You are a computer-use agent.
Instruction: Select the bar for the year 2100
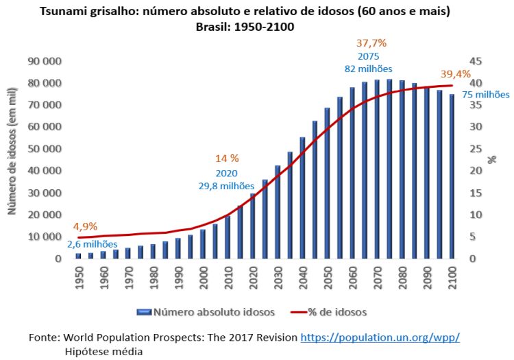[452, 177]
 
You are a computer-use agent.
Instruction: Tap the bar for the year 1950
[78, 256]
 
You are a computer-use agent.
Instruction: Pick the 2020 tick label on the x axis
[252, 272]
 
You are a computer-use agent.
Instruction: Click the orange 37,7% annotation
[371, 43]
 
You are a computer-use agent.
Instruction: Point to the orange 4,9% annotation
[86, 226]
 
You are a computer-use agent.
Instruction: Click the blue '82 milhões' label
[368, 69]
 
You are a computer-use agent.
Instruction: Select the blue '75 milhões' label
[487, 95]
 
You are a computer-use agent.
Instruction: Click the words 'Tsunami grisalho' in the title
[84, 12]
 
